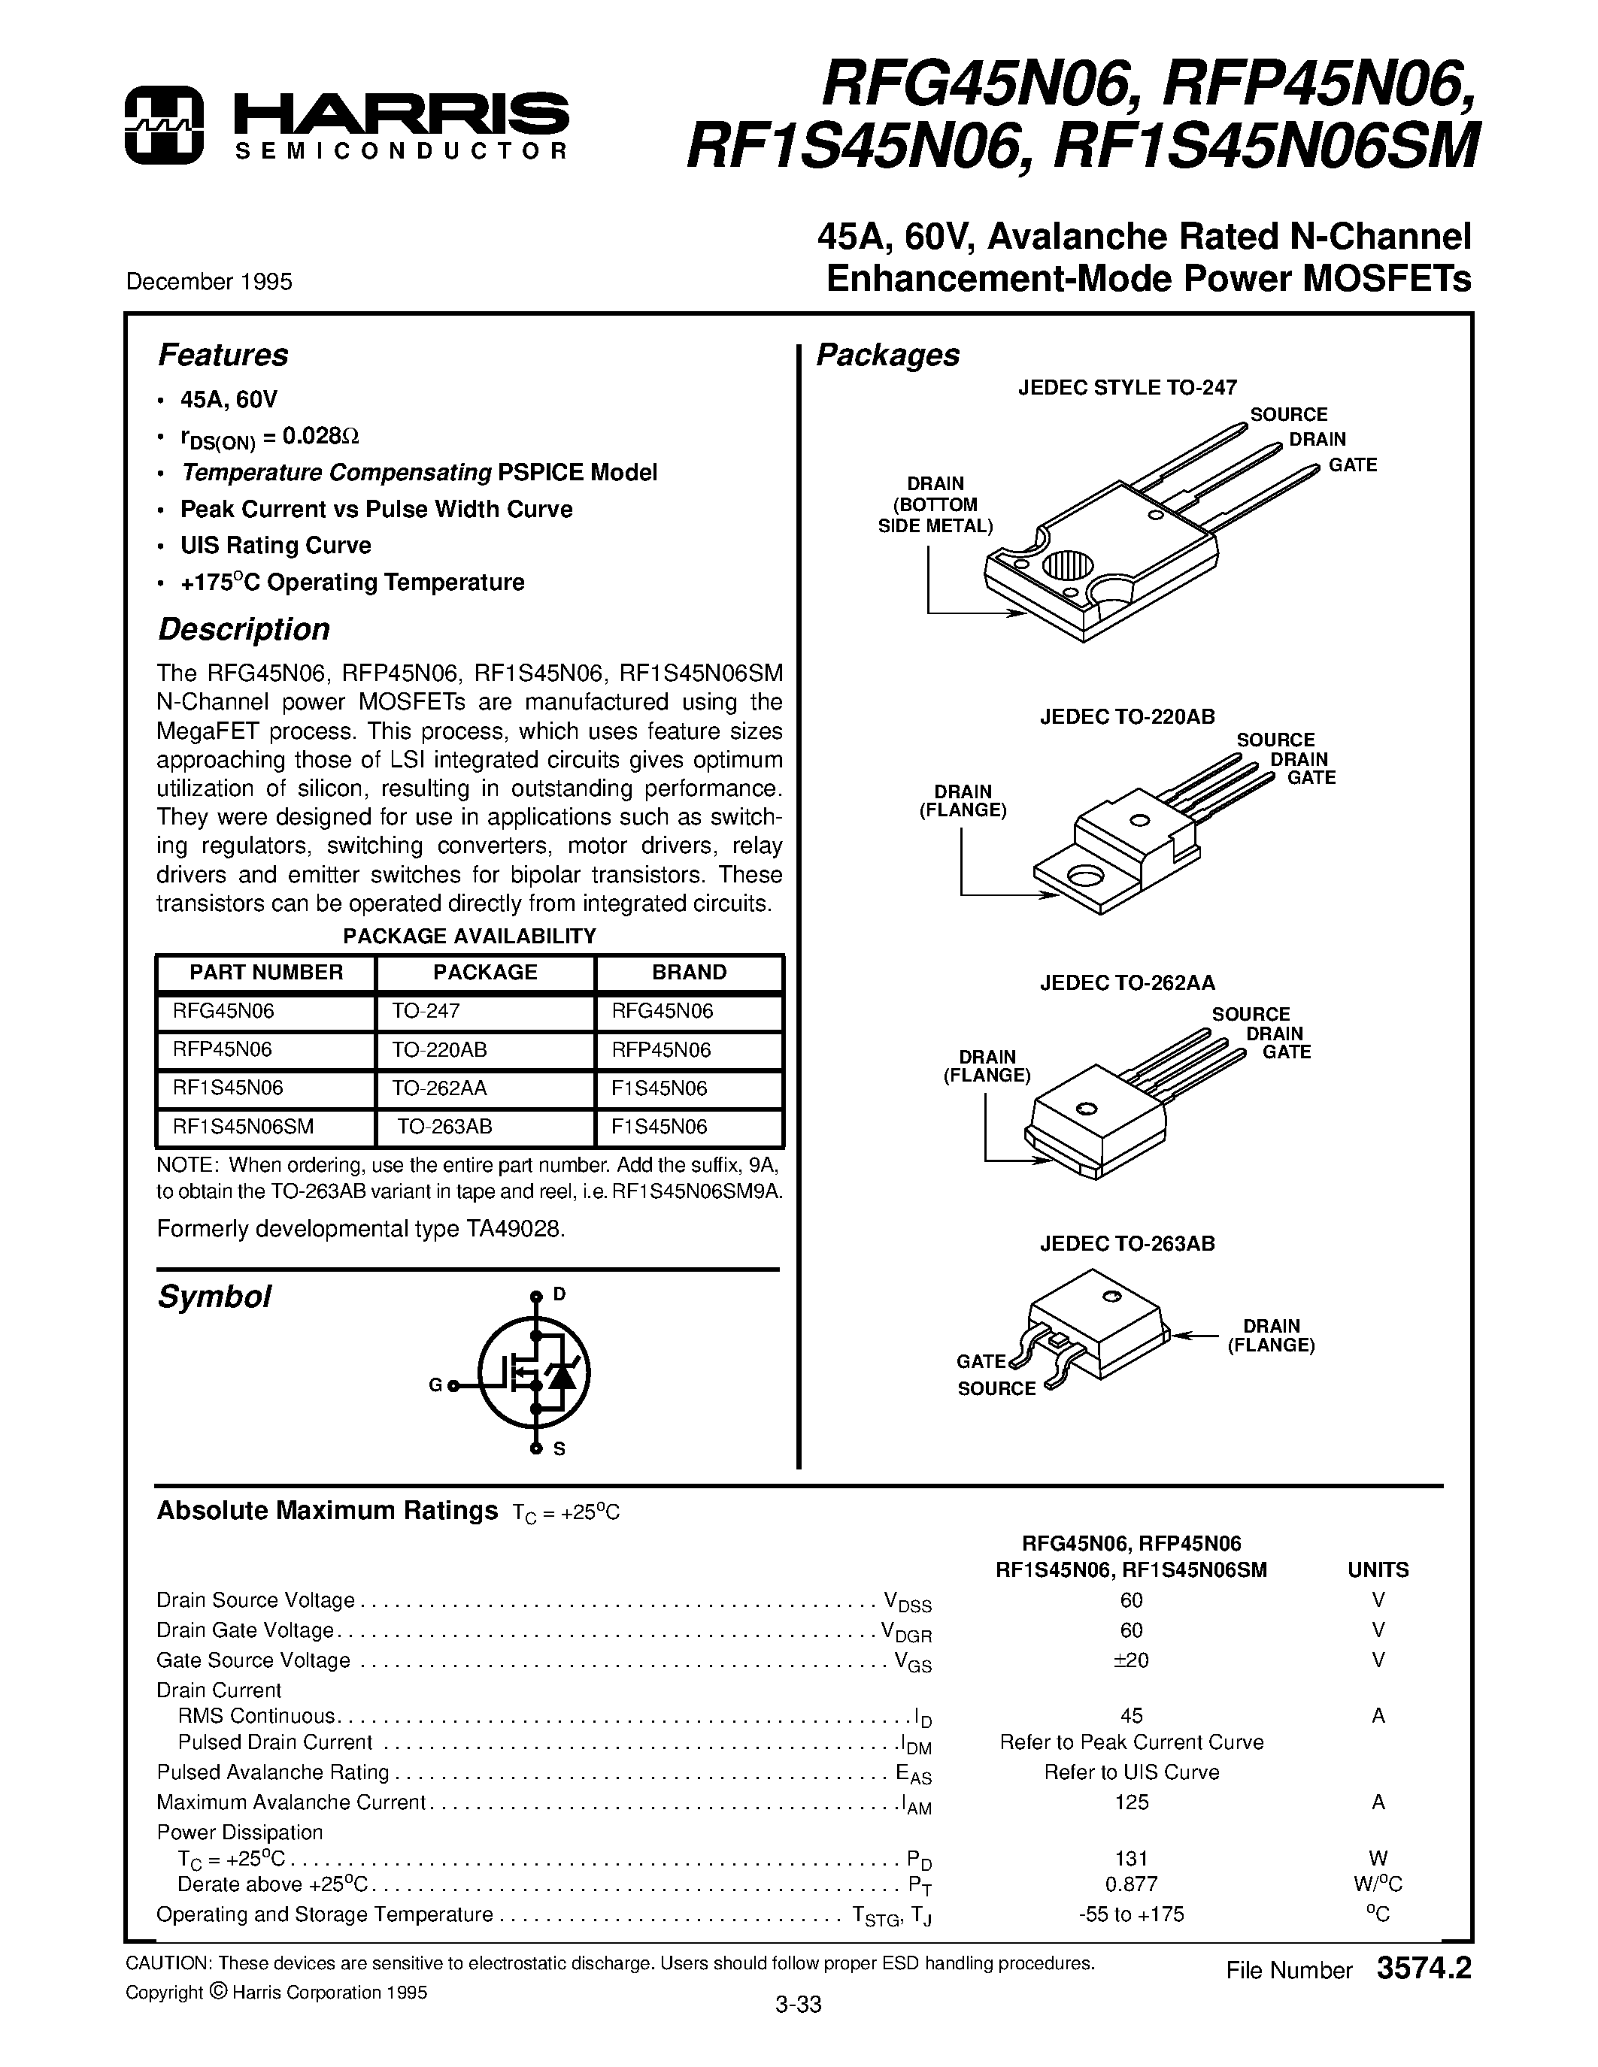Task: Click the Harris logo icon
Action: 164,125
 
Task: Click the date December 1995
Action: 209,282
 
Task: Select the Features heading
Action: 223,355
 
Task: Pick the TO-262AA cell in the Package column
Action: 439,1088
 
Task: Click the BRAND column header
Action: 689,972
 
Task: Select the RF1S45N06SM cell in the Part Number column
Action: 244,1126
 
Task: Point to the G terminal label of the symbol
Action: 435,1385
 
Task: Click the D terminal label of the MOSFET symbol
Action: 559,1294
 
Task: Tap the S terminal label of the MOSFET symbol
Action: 559,1449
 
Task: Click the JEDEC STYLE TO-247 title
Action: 1127,387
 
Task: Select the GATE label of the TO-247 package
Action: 1352,465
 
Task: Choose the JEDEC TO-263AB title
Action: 1126,1244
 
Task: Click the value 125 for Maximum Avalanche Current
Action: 1131,1802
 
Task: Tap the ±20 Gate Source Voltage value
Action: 1131,1660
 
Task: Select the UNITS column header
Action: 1378,1570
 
